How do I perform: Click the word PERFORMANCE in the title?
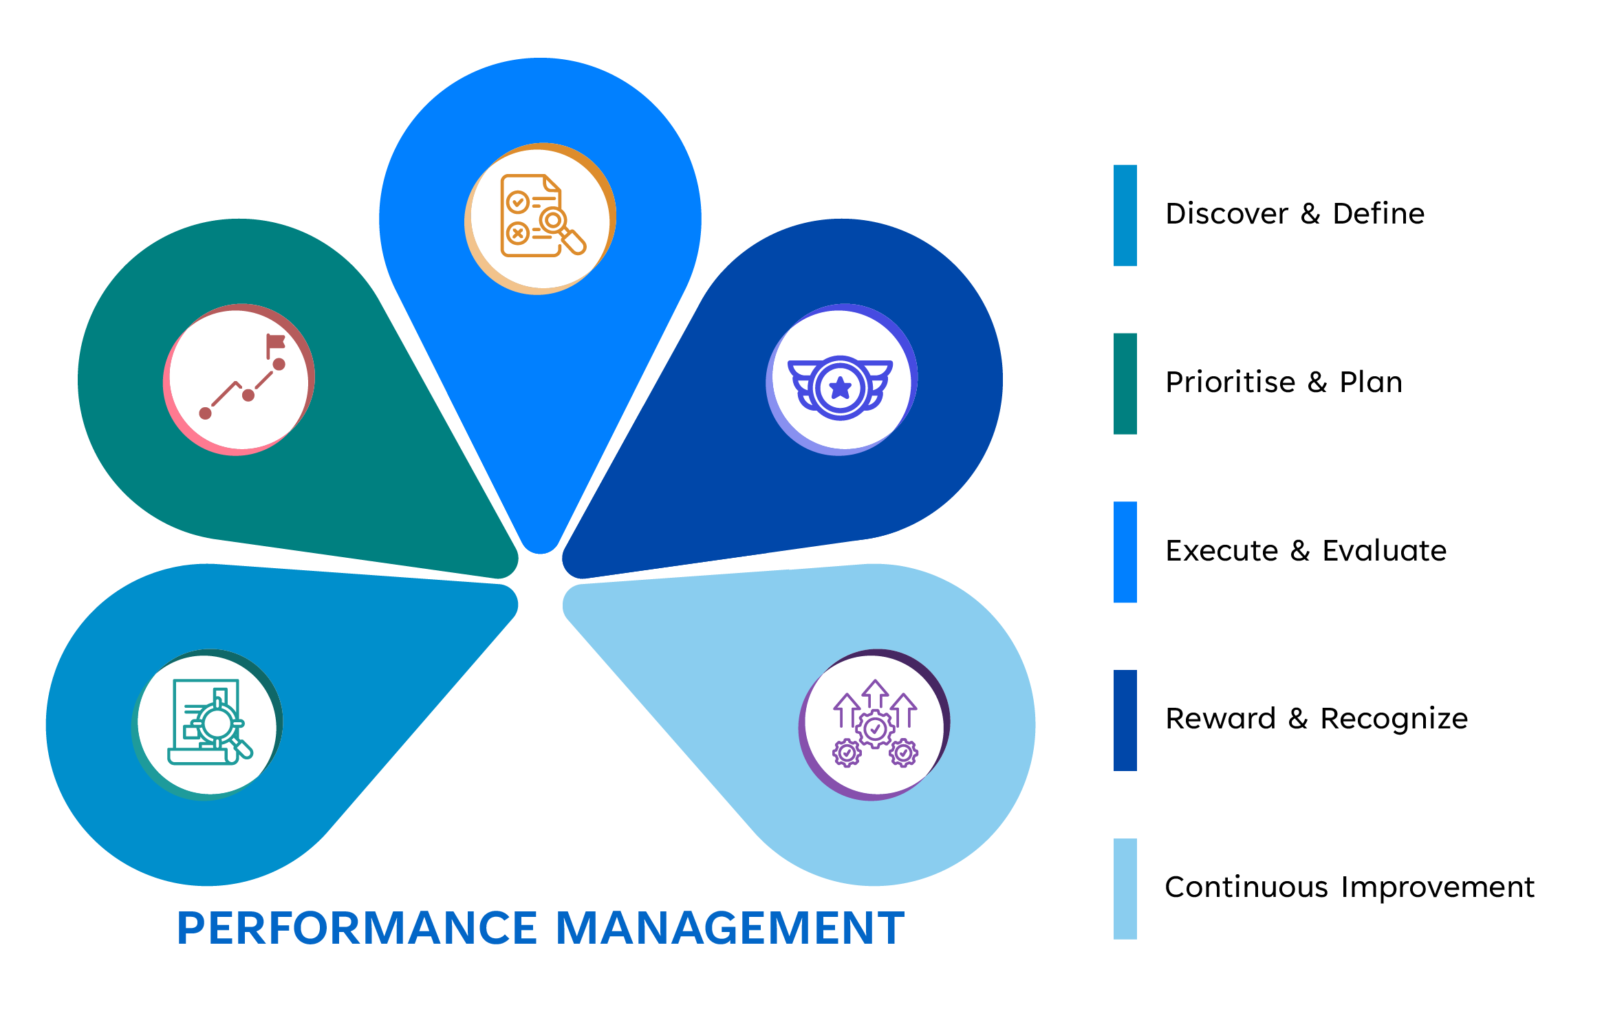tap(358, 928)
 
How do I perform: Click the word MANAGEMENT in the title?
tap(730, 928)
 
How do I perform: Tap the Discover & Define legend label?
tap(1295, 214)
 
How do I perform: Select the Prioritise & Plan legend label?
tap(1284, 382)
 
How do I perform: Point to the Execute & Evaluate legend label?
tap(1306, 551)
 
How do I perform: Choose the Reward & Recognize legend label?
tap(1317, 719)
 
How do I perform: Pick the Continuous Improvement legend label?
tap(1350, 888)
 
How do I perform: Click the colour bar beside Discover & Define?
tap(1125, 215)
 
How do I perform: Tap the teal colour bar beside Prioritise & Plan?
tap(1125, 384)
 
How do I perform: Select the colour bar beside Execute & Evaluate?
tap(1125, 552)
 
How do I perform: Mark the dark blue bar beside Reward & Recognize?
tap(1125, 720)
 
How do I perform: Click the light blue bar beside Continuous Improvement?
tap(1125, 889)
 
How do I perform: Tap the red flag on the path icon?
tap(276, 342)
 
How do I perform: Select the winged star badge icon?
tap(841, 387)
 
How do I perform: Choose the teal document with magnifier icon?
tap(208, 723)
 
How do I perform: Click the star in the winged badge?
tap(841, 388)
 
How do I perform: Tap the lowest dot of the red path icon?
tap(205, 413)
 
